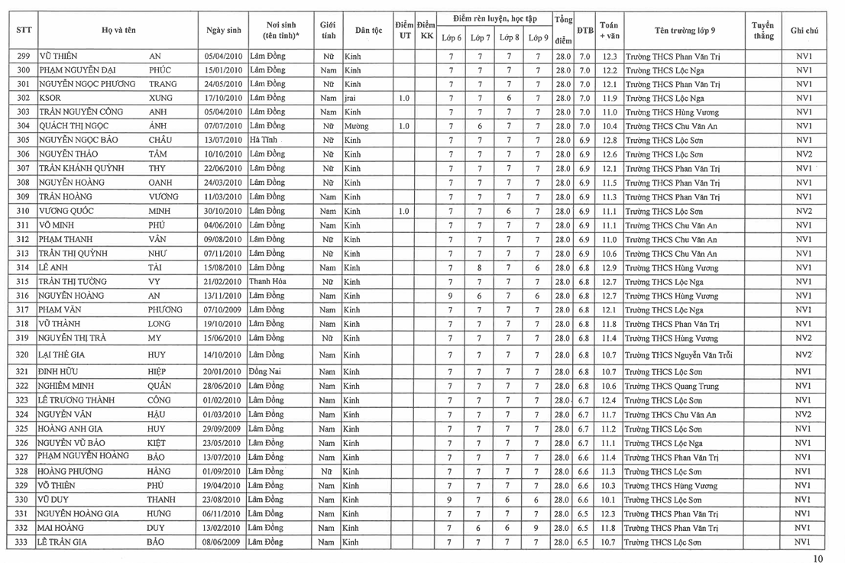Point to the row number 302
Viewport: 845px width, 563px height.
tap(23, 98)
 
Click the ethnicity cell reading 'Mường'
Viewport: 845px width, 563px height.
tap(357, 126)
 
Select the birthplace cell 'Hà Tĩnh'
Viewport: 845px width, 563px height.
tap(265, 141)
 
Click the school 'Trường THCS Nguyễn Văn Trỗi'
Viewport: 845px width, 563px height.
tap(683, 355)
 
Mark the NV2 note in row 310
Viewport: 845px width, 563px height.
tap(804, 211)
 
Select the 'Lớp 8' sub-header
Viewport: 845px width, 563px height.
tap(509, 37)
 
